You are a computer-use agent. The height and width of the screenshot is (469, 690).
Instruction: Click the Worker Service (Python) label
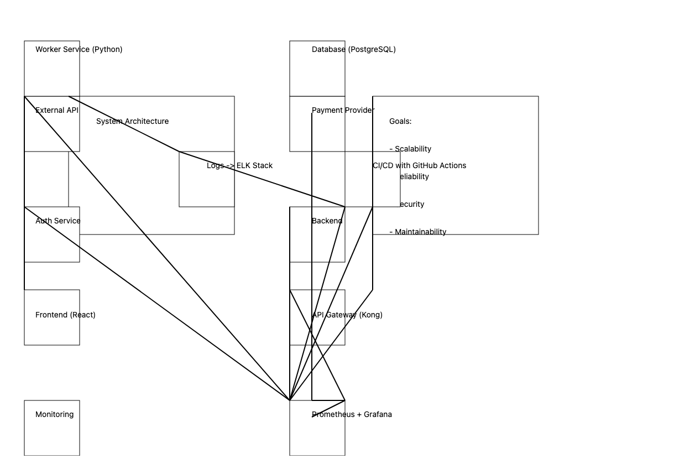(x=79, y=49)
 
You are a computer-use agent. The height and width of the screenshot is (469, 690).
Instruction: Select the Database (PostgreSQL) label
(x=353, y=49)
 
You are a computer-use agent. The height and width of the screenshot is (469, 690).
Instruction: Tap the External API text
(x=57, y=110)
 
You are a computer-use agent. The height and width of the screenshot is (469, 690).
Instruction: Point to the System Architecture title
(x=132, y=121)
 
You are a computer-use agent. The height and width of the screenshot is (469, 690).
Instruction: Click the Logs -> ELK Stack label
(x=239, y=165)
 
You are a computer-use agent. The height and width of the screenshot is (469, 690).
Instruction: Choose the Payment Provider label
(x=343, y=110)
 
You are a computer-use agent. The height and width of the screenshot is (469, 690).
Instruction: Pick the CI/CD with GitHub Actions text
(x=419, y=165)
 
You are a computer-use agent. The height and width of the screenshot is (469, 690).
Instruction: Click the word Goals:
(x=400, y=121)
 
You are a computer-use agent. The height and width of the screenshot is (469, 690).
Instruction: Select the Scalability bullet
(x=410, y=149)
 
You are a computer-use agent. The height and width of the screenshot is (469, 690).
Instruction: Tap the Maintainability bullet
(x=418, y=232)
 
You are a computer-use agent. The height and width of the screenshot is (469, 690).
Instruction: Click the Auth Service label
(x=57, y=221)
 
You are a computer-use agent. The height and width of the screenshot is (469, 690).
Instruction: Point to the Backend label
(x=327, y=221)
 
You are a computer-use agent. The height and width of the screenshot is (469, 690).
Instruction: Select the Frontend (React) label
(x=65, y=315)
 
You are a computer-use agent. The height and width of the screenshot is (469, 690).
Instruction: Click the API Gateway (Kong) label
(x=347, y=315)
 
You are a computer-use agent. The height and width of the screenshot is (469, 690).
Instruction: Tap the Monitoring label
(x=54, y=414)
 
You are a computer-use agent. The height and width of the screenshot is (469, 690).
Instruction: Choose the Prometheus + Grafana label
(x=352, y=414)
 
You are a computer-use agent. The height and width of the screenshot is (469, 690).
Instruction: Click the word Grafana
(x=378, y=414)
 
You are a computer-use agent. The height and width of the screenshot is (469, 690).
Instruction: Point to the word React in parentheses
(x=82, y=315)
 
